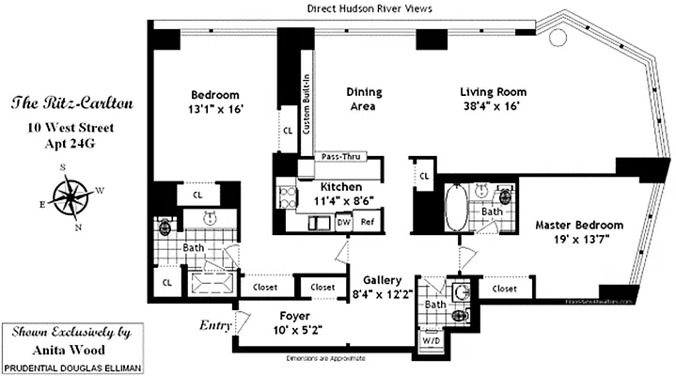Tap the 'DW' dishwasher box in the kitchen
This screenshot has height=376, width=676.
pos(344,222)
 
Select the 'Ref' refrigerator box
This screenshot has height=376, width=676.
pos(368,222)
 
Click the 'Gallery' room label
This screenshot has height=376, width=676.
pos(385,280)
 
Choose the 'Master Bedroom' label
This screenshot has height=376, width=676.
pos(579,226)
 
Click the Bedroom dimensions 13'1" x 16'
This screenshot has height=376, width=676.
pos(216,108)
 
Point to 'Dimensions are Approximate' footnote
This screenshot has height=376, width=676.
pos(338,358)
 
